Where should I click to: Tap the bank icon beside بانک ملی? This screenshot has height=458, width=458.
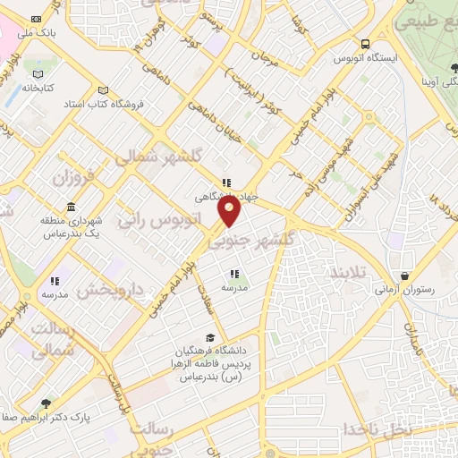(36, 19)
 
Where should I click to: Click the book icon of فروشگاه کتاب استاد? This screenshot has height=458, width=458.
(103, 89)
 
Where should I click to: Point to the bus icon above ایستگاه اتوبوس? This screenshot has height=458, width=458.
(365, 44)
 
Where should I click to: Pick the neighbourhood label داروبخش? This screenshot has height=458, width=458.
(110, 290)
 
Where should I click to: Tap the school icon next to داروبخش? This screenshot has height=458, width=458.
(55, 281)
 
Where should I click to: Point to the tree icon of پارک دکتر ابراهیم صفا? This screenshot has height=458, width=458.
(47, 404)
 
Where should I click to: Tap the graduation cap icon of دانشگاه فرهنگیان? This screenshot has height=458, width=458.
(210, 337)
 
